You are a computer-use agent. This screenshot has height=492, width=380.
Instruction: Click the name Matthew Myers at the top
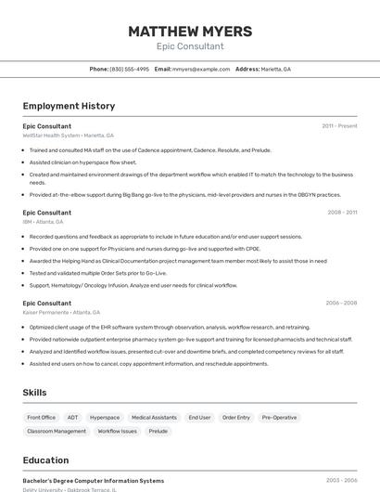pos(190,31)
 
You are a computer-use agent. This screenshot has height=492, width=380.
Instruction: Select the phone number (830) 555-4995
pos(129,69)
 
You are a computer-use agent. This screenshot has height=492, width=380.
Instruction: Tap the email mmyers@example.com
pos(200,69)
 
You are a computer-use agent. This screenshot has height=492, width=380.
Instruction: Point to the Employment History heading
pos(69,106)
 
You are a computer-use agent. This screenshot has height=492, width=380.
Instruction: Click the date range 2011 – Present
pos(339,126)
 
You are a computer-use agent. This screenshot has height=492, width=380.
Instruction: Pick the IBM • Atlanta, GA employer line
pos(43,222)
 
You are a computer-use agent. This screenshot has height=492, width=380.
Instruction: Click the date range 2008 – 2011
pos(342,213)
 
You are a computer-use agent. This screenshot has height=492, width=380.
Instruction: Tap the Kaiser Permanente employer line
pos(61,312)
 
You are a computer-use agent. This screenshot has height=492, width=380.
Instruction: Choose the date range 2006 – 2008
pos(341,303)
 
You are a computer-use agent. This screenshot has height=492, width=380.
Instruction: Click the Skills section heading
pos(34,393)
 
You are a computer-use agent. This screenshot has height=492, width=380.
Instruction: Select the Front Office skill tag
pos(42,418)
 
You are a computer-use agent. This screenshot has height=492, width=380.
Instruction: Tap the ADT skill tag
pos(72,418)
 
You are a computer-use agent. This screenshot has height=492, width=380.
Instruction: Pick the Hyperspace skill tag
pos(105,418)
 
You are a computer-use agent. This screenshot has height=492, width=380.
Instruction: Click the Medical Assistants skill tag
pos(154,418)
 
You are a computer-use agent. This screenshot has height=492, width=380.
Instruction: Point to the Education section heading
pos(45,460)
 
